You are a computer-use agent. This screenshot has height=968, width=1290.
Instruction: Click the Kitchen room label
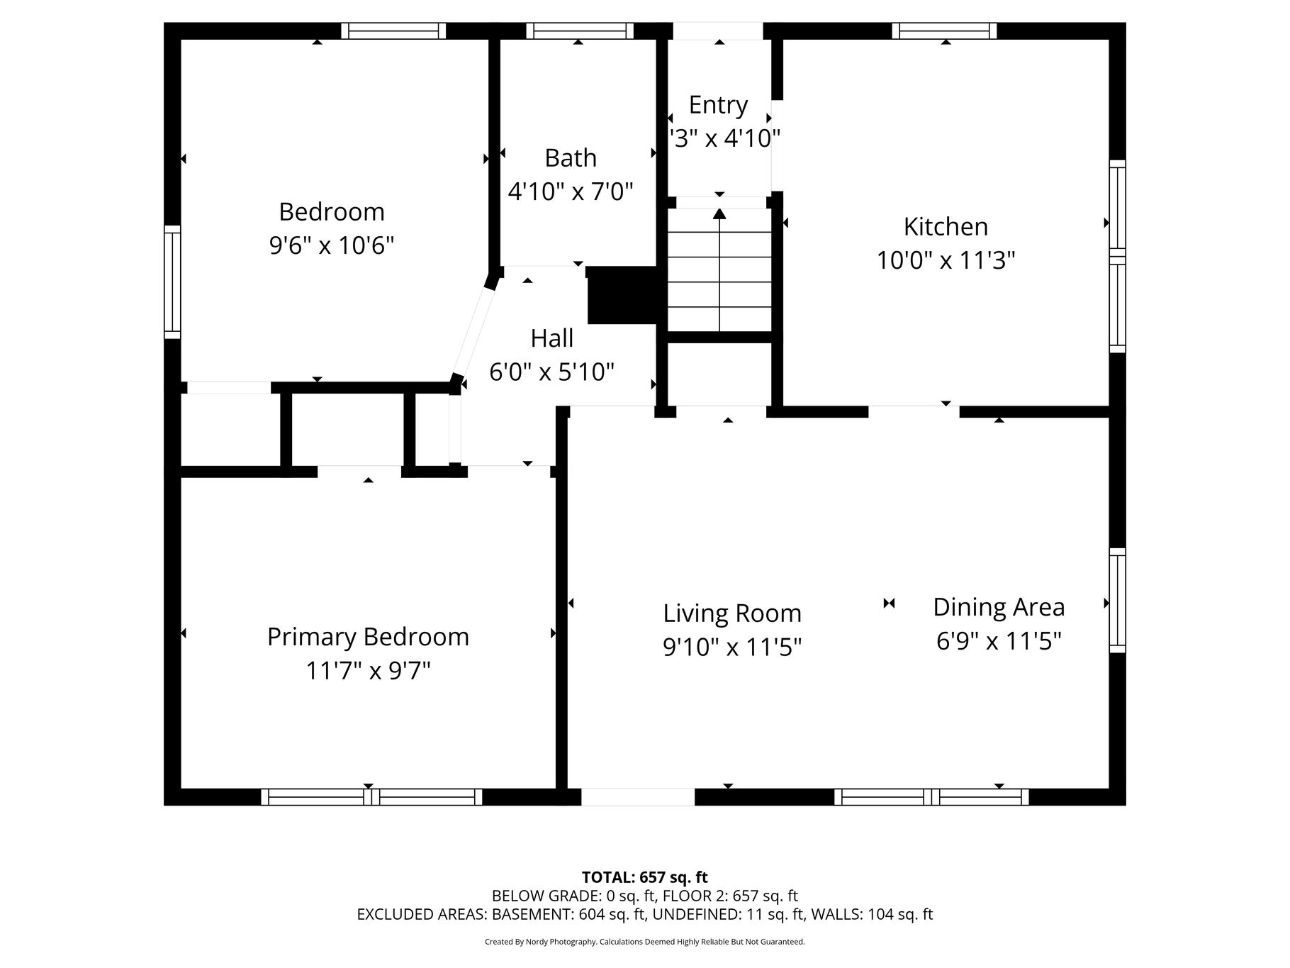pyautogui.click(x=946, y=227)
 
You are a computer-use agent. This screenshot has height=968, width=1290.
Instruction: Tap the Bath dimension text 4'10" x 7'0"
pyautogui.click(x=571, y=191)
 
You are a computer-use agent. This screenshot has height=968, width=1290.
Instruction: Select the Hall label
pyautogui.click(x=552, y=338)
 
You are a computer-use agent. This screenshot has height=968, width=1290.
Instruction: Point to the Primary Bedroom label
pyautogui.click(x=368, y=638)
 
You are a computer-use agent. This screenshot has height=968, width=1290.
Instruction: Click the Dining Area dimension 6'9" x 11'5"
pyautogui.click(x=999, y=641)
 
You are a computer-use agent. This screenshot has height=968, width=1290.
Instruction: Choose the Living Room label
pyautogui.click(x=732, y=613)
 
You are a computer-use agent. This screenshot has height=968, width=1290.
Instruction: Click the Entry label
pyautogui.click(x=719, y=106)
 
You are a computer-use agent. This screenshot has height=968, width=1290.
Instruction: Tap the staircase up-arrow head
pyautogui.click(x=719, y=213)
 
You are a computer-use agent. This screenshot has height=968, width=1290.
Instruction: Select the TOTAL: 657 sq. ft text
pyautogui.click(x=645, y=878)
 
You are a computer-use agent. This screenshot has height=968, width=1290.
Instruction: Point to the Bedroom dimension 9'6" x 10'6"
pyautogui.click(x=332, y=245)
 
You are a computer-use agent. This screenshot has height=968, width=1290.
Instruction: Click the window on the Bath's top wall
pyautogui.click(x=580, y=30)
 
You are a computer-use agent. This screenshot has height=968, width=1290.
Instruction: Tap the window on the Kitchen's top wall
pyautogui.click(x=944, y=30)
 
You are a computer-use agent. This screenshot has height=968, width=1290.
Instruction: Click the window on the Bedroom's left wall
pyautogui.click(x=172, y=282)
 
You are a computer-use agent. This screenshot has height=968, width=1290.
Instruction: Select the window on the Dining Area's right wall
pyautogui.click(x=1117, y=600)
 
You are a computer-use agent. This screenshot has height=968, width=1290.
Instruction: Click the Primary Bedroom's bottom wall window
pyautogui.click(x=371, y=796)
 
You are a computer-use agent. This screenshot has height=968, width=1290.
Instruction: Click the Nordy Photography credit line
pyautogui.click(x=645, y=942)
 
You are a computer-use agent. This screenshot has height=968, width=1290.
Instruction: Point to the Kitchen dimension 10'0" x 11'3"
pyautogui.click(x=946, y=261)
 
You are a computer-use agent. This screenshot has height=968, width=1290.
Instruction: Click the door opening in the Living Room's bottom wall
pyautogui.click(x=638, y=796)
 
